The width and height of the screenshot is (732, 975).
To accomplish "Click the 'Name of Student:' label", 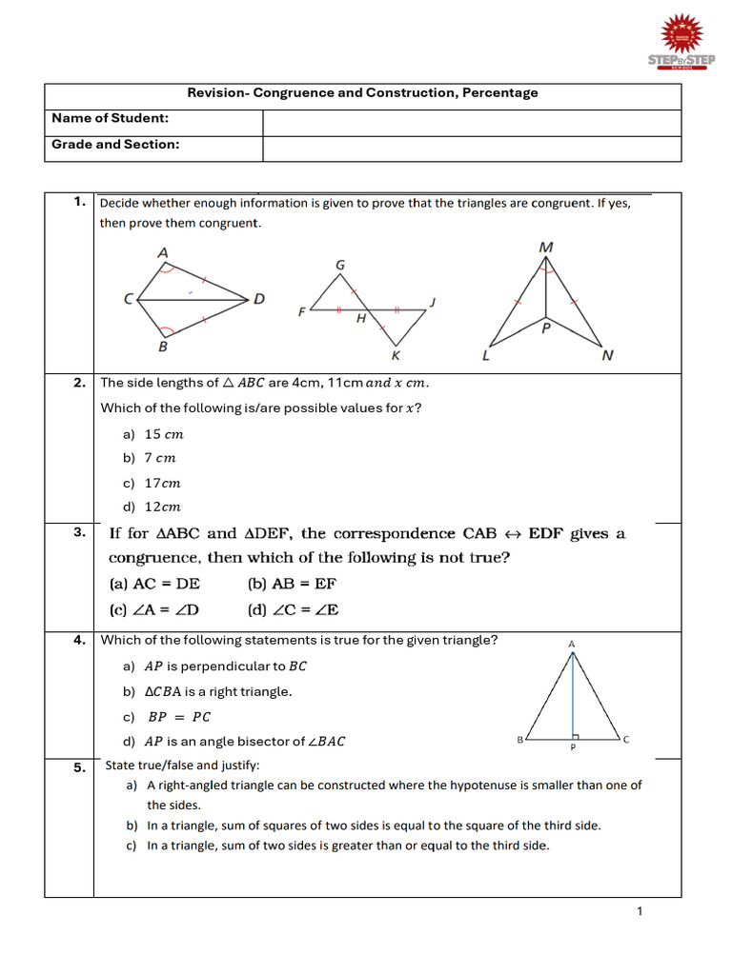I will (x=110, y=118).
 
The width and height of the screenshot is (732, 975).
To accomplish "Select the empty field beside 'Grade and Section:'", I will (x=471, y=148).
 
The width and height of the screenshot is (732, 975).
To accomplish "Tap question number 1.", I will (x=80, y=201).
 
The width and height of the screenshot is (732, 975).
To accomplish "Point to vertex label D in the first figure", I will (x=259, y=299).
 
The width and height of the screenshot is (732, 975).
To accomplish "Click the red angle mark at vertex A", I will (x=168, y=268).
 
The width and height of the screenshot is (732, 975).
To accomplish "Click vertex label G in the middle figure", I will (x=340, y=265).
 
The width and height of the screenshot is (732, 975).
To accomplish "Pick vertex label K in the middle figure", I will (x=396, y=355).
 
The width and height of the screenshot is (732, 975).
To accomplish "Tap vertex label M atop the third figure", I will (x=546, y=248).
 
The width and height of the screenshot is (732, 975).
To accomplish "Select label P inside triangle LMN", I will (x=546, y=328).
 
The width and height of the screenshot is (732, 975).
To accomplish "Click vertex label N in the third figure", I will (x=607, y=356).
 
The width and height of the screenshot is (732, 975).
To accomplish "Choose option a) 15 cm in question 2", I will (x=153, y=434).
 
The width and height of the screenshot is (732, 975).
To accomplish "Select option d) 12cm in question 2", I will (x=152, y=507).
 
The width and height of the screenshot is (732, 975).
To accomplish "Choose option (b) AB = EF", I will (x=291, y=584).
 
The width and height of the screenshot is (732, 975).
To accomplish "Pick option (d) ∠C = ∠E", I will (x=293, y=609).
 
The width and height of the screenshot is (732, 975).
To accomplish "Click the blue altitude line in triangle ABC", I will (x=573, y=695).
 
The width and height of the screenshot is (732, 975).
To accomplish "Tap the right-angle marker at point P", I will (x=577, y=735).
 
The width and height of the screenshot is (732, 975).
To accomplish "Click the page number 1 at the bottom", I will (x=640, y=911).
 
